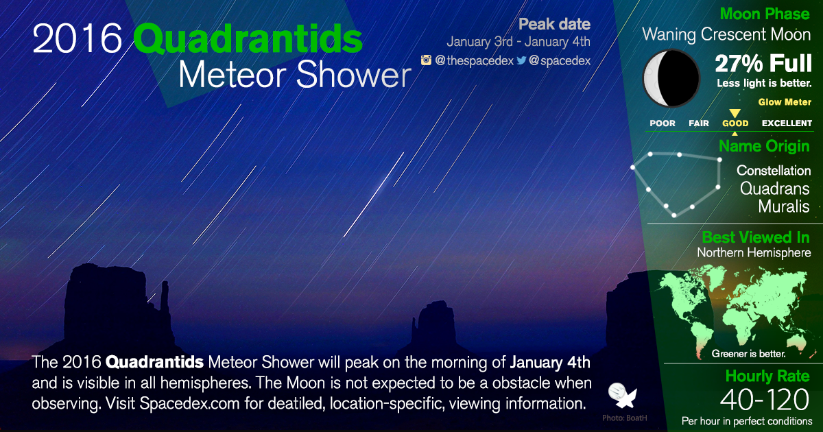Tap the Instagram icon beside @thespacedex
click(426, 60)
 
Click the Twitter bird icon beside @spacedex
click(521, 60)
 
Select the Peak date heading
click(554, 25)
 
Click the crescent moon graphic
click(671, 78)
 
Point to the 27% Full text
click(763, 64)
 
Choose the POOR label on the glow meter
click(663, 123)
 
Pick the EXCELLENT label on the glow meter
click(787, 123)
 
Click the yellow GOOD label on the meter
click(735, 123)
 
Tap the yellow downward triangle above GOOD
click(735, 113)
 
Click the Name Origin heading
click(764, 146)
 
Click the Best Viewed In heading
click(756, 237)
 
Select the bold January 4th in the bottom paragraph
click(550, 361)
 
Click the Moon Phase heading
click(765, 14)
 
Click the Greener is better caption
click(748, 355)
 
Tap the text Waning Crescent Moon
click(726, 34)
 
